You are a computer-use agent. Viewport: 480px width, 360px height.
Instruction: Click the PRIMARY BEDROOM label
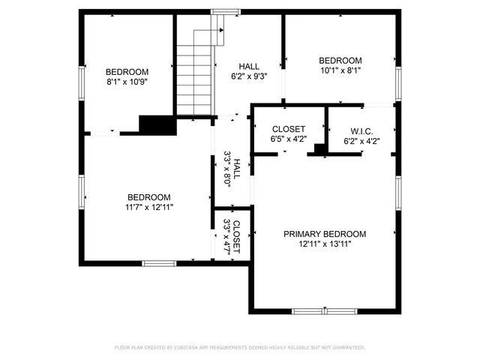tap(325, 233)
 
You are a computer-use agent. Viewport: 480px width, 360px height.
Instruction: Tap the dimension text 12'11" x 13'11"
tap(325, 244)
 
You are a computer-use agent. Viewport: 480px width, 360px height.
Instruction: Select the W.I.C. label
tap(362, 129)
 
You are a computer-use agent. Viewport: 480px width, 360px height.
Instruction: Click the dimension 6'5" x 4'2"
tap(288, 139)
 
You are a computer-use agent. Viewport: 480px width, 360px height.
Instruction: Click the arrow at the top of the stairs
tap(221, 29)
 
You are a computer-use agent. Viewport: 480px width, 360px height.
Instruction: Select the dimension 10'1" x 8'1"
tap(340, 71)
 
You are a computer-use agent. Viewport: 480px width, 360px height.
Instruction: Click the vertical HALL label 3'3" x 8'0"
tap(232, 172)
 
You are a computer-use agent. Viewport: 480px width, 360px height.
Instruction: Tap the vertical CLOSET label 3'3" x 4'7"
tap(232, 236)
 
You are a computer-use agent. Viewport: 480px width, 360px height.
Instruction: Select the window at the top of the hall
tap(223, 11)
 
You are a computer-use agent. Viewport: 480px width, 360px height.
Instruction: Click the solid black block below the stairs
tap(157, 124)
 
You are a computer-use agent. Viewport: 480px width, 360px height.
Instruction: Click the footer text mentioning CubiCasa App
tap(239, 347)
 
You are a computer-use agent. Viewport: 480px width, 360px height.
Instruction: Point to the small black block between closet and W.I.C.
tap(319, 149)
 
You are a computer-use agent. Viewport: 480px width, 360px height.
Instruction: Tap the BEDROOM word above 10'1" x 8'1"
tap(340, 61)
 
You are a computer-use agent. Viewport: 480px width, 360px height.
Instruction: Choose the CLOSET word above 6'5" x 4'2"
tap(288, 129)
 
